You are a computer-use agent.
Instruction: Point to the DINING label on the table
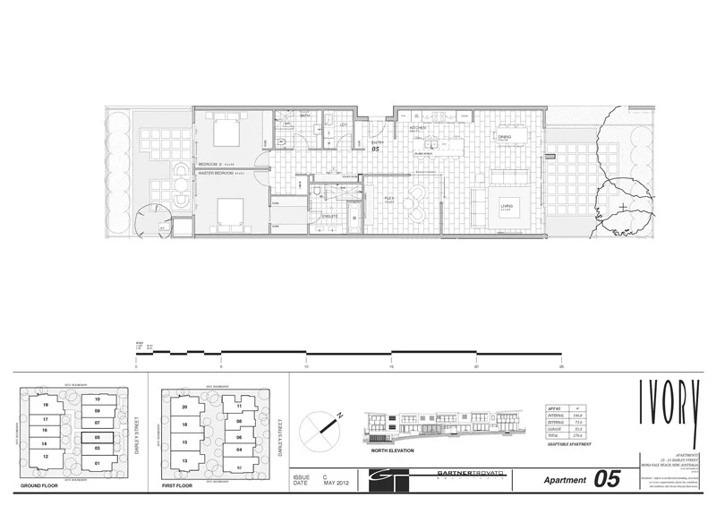[x=505, y=137]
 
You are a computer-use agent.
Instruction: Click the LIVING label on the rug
[x=506, y=206]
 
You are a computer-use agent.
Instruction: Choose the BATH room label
[x=304, y=116]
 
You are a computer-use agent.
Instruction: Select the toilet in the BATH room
[x=281, y=141]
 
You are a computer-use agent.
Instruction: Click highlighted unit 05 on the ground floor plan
[x=98, y=438]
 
